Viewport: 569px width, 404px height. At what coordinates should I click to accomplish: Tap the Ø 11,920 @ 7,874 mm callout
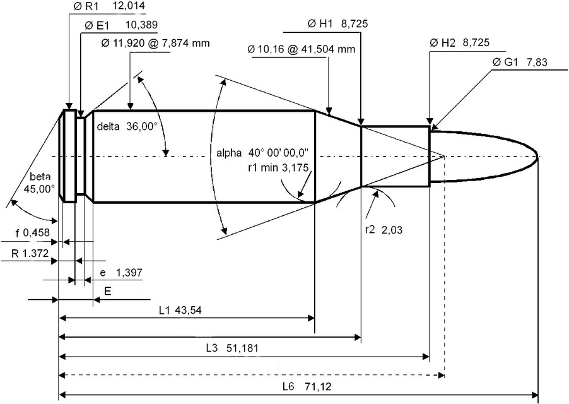155,44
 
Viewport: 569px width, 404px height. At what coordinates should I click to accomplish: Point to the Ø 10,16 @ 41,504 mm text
302,48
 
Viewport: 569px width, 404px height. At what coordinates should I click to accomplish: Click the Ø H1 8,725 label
337,24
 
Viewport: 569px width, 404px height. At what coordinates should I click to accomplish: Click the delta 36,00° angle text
126,126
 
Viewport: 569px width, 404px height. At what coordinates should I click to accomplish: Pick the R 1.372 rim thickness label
30,253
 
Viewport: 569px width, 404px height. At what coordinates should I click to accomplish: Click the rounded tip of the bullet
537,156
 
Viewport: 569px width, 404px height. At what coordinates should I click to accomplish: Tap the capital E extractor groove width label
108,292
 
